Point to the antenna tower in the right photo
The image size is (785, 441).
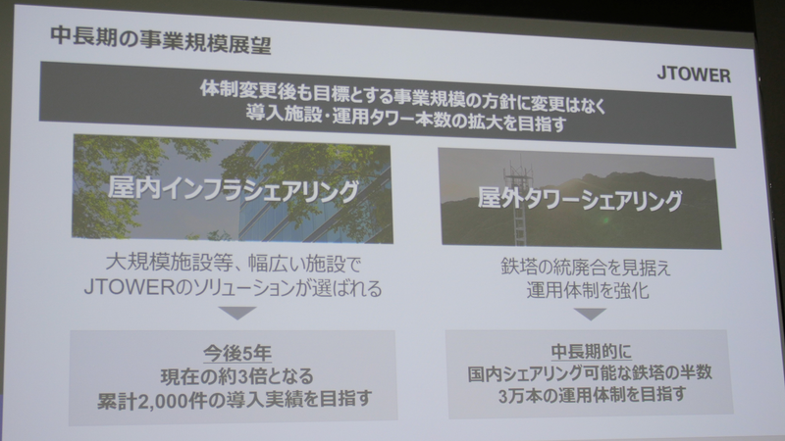click(512, 206)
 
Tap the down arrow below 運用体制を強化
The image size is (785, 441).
click(589, 314)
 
